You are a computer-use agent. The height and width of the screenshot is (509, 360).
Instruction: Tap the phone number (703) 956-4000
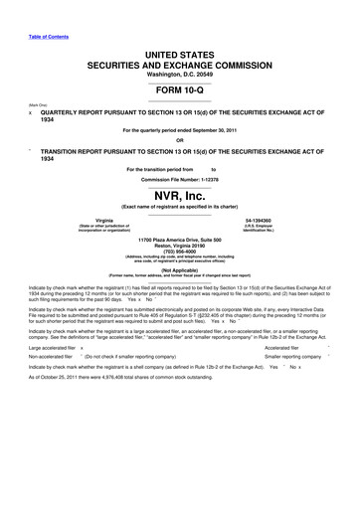pyautogui.click(x=180, y=253)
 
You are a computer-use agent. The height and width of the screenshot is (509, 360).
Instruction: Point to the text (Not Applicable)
pyautogui.click(x=180, y=269)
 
